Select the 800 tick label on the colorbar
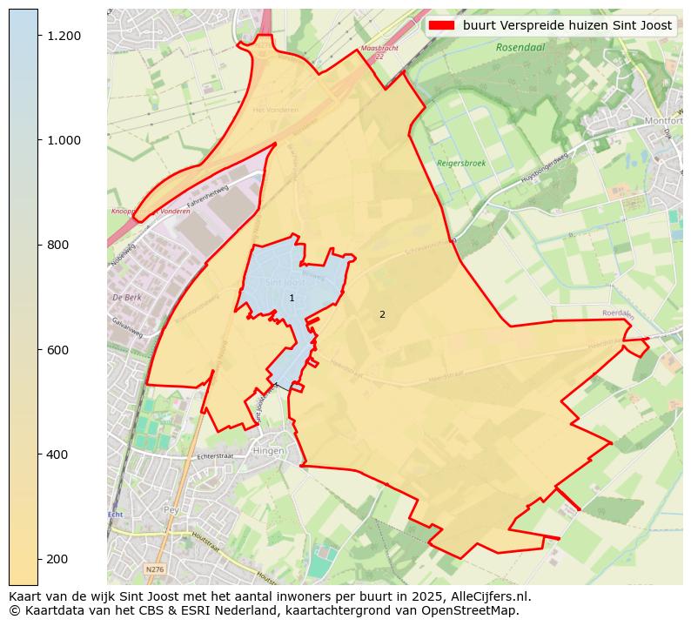point(57,245)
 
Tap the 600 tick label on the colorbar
point(57,349)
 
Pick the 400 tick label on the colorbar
point(57,454)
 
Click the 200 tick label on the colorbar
point(57,559)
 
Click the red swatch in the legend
point(441,25)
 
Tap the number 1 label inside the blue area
point(292,299)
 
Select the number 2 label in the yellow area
point(382,314)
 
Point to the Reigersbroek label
point(461,163)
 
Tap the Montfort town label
point(664,121)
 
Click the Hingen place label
point(267,451)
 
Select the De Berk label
point(126,298)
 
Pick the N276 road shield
point(154,569)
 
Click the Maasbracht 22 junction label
point(379,51)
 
